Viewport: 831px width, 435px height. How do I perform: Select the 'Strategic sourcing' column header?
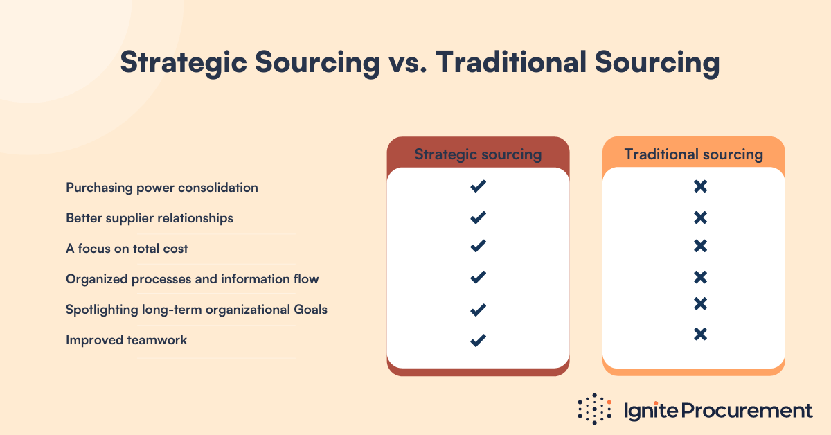click(478, 154)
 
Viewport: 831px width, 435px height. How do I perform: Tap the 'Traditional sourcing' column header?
click(693, 154)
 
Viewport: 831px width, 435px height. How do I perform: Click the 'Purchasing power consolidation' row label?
click(162, 188)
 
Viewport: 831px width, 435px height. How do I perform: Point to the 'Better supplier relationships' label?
click(150, 218)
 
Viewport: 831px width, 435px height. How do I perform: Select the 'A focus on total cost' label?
click(127, 248)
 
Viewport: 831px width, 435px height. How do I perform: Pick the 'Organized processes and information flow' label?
click(193, 279)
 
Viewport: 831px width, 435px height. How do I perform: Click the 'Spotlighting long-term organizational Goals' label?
click(197, 310)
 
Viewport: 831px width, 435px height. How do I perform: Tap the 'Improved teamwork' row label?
click(127, 340)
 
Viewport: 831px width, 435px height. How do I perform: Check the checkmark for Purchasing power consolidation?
click(478, 186)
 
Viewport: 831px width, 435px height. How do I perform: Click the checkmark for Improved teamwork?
click(478, 340)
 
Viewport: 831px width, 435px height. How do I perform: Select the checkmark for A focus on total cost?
click(478, 246)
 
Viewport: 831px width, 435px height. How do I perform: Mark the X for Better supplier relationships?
click(700, 217)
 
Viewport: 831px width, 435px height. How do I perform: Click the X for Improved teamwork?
click(700, 334)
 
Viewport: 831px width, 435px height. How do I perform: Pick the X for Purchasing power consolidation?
click(700, 186)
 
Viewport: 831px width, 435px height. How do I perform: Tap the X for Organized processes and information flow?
click(700, 277)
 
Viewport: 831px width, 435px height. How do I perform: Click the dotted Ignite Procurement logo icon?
click(595, 409)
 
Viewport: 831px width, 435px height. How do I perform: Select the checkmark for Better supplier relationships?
click(478, 217)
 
